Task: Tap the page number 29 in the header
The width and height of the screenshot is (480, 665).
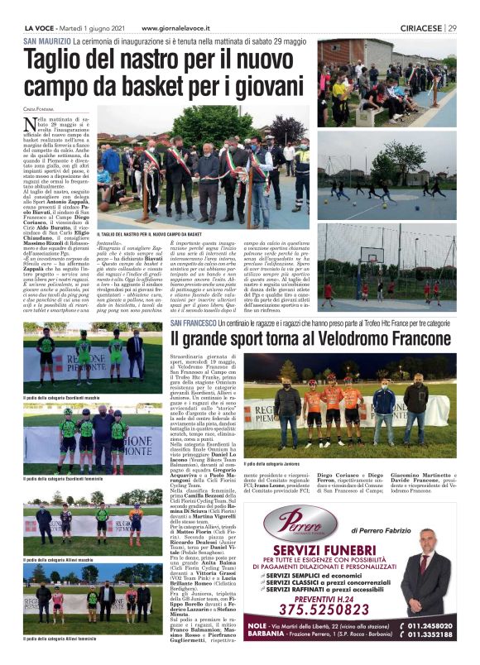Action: point(452,28)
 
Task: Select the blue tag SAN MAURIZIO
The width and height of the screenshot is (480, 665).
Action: point(47,41)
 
